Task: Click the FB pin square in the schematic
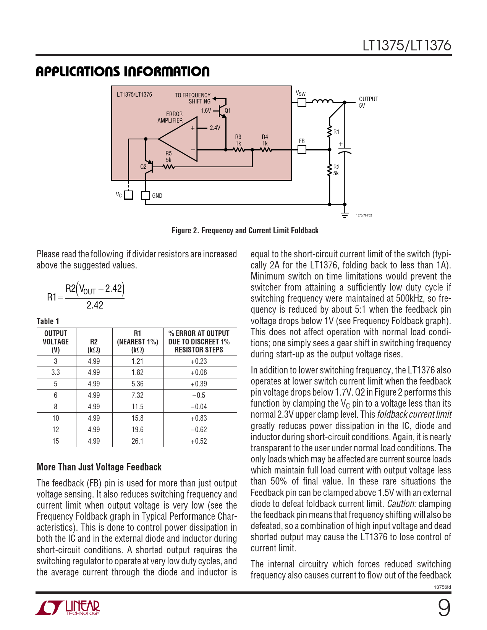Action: click(x=302, y=149)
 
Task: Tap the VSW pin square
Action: click(x=302, y=102)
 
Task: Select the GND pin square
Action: click(x=146, y=195)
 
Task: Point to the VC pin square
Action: click(x=129, y=195)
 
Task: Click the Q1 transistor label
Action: click(x=228, y=111)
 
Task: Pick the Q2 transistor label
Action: click(x=143, y=166)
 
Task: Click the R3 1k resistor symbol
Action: click(x=239, y=150)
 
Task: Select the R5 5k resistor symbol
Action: click(x=168, y=167)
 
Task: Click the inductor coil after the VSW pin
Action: click(x=322, y=101)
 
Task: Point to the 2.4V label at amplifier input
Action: click(x=215, y=128)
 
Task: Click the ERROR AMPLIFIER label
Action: click(x=170, y=117)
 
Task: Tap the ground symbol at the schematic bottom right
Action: click(x=345, y=215)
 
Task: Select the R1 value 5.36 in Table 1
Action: click(x=138, y=384)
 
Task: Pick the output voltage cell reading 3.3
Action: click(x=56, y=372)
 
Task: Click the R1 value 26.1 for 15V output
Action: click(x=138, y=441)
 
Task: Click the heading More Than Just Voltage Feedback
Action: click(x=99, y=467)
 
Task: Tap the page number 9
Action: click(x=444, y=608)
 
